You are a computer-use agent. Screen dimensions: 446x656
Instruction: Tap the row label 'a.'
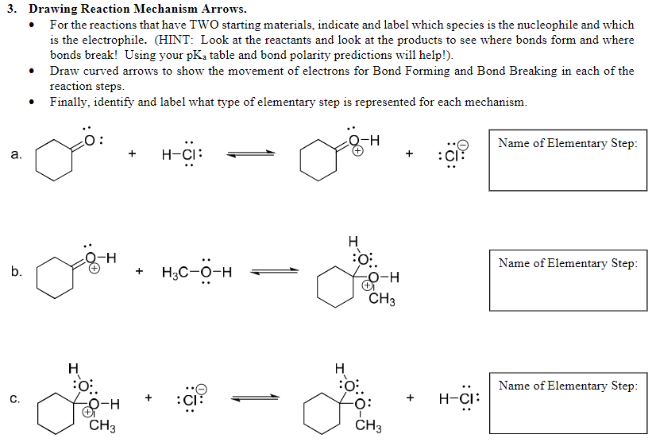point(17,154)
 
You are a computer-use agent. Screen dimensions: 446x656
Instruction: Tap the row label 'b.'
point(17,272)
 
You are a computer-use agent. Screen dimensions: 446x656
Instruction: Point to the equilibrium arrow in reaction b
point(275,272)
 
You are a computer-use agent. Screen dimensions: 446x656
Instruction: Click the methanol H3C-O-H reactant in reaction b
point(196,272)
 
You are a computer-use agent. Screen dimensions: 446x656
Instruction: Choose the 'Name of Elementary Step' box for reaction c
point(567,403)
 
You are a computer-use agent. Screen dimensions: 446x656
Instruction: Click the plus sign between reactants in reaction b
point(140,272)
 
